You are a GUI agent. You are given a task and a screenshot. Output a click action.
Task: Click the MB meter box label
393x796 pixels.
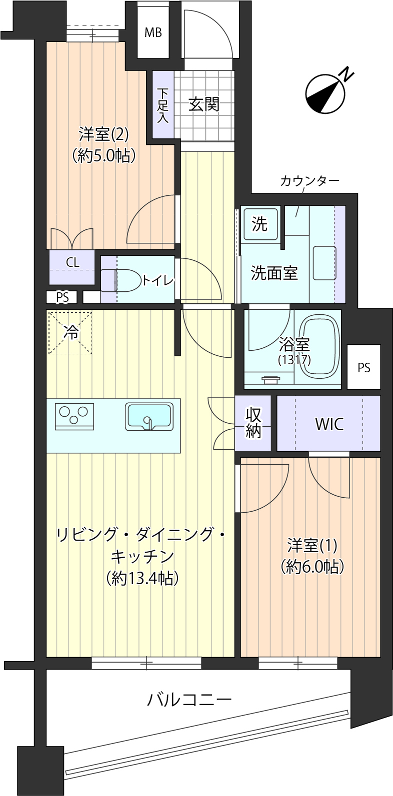[x=153, y=32]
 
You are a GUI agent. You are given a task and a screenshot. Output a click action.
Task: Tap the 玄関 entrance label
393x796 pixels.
[x=204, y=104]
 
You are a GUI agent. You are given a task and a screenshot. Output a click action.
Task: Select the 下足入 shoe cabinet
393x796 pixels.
[x=163, y=105]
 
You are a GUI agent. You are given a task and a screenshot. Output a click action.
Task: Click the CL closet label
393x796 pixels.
[x=72, y=263]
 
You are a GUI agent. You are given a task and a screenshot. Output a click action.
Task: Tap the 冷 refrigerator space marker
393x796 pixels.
[x=70, y=333]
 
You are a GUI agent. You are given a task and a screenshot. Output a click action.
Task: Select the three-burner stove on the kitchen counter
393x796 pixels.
[x=74, y=416]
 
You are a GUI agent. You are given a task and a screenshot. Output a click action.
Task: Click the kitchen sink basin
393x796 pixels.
[x=149, y=416]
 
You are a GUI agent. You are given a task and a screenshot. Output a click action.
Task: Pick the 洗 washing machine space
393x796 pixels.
[x=259, y=224]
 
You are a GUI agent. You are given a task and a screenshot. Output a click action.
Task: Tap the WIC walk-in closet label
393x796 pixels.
[x=329, y=424]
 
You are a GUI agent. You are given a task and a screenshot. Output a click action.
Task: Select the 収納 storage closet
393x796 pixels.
[x=253, y=423]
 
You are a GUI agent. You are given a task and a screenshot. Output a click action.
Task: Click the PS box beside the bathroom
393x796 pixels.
[x=364, y=367]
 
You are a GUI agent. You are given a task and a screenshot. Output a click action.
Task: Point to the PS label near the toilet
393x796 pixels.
[x=62, y=297]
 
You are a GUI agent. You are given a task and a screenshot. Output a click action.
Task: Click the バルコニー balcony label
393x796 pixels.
[x=189, y=700]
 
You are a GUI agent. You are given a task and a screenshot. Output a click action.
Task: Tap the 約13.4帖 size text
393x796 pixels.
[x=142, y=579]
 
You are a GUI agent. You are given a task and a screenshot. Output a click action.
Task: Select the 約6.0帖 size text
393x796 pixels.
[x=312, y=567]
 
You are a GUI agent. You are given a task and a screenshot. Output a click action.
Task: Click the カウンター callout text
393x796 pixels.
[x=309, y=181]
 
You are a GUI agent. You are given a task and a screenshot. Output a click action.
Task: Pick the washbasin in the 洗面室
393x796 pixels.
[x=324, y=263]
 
